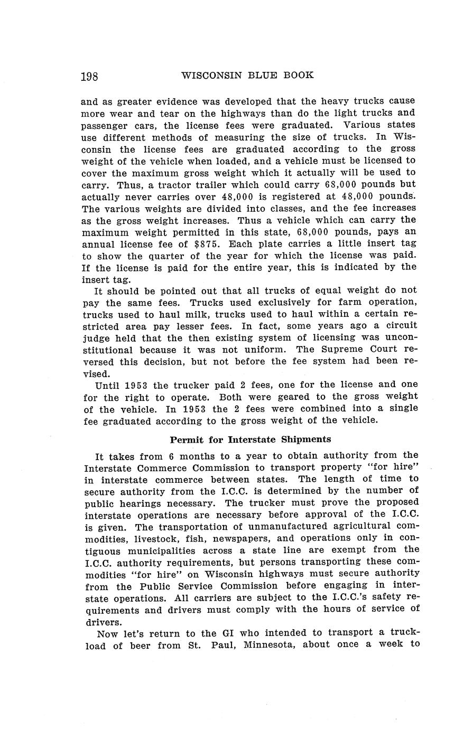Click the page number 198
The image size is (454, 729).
89,77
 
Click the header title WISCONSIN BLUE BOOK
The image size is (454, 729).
247,76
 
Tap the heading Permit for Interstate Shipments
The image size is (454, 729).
250,440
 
